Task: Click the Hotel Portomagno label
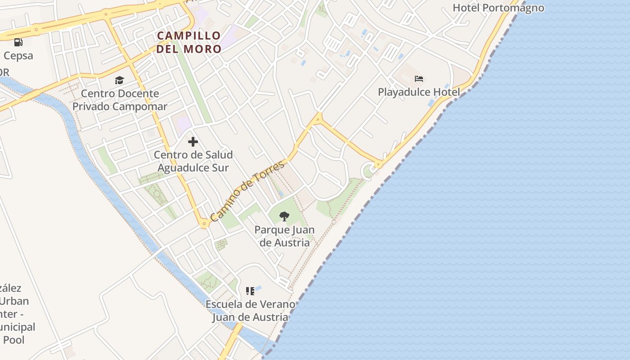click(498, 8)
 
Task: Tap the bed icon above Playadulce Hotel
click(419, 79)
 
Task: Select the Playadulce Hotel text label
click(418, 92)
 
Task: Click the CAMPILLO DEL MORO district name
click(189, 42)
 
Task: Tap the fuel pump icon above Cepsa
click(18, 42)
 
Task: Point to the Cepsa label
click(18, 56)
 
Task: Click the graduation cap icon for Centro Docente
click(119, 80)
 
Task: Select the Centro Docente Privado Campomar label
click(120, 100)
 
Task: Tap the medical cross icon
click(193, 142)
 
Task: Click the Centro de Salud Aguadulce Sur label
click(193, 161)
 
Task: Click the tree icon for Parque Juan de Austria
click(284, 216)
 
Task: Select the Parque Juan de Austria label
click(284, 236)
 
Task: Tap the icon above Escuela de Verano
click(250, 291)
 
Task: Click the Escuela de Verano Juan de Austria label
click(250, 310)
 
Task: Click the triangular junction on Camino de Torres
click(318, 119)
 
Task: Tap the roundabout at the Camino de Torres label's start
click(204, 223)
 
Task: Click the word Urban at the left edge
click(15, 301)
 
